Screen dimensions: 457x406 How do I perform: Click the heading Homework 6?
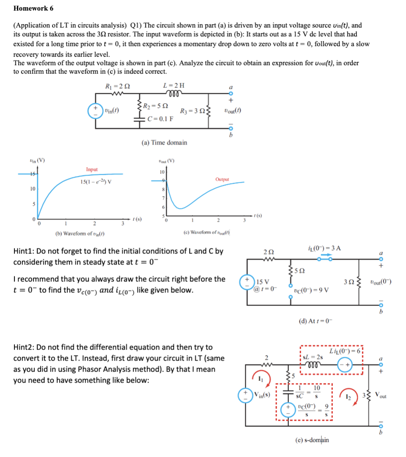(33, 8)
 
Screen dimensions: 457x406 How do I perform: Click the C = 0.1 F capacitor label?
(159, 118)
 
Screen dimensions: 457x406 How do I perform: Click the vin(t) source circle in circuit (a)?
(95, 111)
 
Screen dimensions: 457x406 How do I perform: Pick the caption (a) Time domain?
(164, 143)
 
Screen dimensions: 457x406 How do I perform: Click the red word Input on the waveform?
(92, 169)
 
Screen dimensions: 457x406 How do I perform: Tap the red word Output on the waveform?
(222, 179)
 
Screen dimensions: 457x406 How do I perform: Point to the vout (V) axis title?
(165, 160)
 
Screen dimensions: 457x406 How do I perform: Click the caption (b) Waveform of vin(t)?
(81, 234)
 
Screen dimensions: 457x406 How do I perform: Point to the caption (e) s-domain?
(312, 440)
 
